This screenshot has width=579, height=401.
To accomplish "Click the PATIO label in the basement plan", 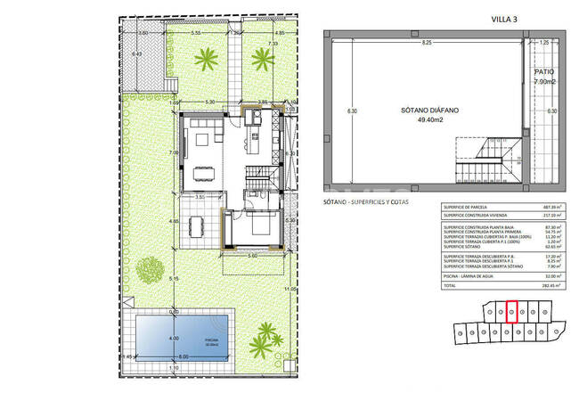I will (544, 72).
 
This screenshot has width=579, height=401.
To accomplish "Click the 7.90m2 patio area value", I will (544, 81).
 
